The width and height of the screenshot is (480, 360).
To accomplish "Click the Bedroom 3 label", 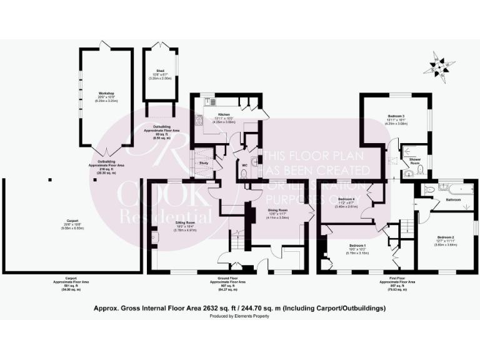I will click(x=396, y=116).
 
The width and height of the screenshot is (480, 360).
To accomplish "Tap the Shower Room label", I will click(x=415, y=159).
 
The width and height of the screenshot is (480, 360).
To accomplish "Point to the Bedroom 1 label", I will click(x=357, y=245).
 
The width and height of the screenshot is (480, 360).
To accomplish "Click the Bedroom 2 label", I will click(x=446, y=237).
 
